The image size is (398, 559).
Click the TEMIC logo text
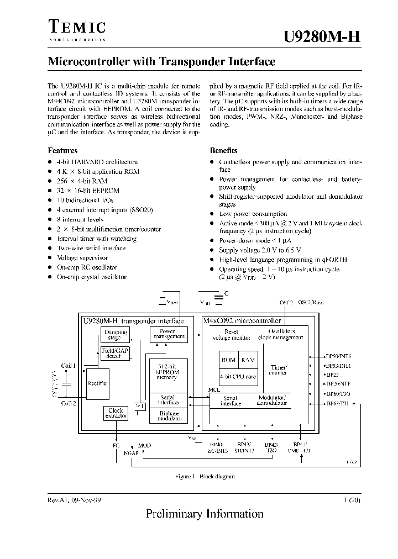pyautogui.click(x=77, y=27)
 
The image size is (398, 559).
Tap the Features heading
pyautogui.click(x=62, y=150)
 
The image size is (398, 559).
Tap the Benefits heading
pyautogui.click(x=223, y=150)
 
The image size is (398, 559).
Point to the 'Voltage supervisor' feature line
pyautogui.click(x=82, y=258)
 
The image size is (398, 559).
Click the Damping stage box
pyautogui.click(x=116, y=335)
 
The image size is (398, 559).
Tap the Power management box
pyautogui.click(x=169, y=334)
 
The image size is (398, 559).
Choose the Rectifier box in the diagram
pyautogui.click(x=98, y=383)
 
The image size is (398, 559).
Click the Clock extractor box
pyautogui.click(x=116, y=413)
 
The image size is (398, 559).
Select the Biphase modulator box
pyautogui.click(x=169, y=415)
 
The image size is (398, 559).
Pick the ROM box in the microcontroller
pyautogui.click(x=228, y=360)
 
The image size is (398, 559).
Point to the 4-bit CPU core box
pyautogui.click(x=238, y=377)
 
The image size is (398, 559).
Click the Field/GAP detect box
pyautogui.click(x=113, y=353)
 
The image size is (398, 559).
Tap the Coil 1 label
pyautogui.click(x=69, y=365)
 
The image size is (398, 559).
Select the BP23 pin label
pyautogui.click(x=333, y=375)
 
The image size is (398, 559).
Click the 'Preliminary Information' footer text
pyautogui.click(x=205, y=514)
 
